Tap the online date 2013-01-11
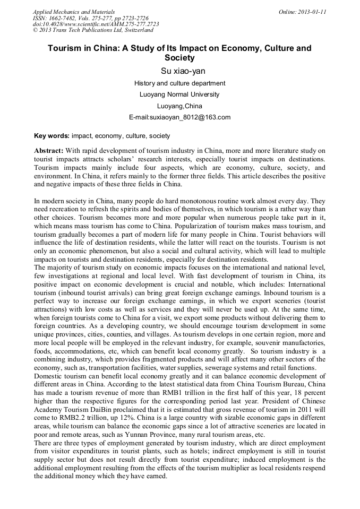pyautogui.click(x=312, y=11)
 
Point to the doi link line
pyautogui.click(x=96, y=24)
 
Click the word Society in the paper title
pyautogui.click(x=179, y=57)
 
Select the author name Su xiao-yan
pyautogui.click(x=179, y=71)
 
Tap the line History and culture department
pyautogui.click(x=179, y=83)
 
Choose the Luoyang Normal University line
pyautogui.click(x=179, y=94)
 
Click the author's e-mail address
pyautogui.click(x=179, y=117)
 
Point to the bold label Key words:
pyautogui.click(x=52, y=136)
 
